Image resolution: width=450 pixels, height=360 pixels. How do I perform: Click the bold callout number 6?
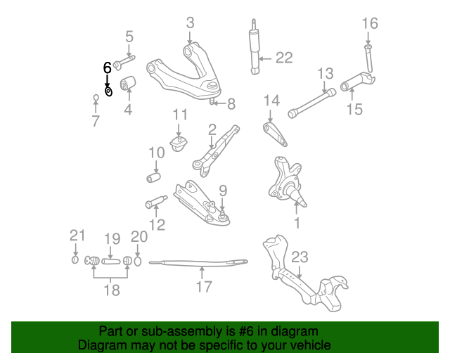click(x=107, y=67)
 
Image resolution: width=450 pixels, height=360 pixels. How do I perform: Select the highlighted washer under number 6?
click(x=108, y=91)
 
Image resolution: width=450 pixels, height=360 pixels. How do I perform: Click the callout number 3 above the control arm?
click(x=191, y=23)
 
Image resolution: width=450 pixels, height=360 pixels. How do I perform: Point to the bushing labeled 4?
click(x=128, y=83)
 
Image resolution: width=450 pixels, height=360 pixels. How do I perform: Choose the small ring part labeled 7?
click(x=96, y=98)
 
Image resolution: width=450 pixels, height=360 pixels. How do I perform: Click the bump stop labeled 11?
click(x=179, y=144)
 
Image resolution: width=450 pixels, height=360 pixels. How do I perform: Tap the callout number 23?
click(x=300, y=257)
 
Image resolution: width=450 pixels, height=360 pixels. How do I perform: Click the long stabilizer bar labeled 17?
click(x=198, y=263)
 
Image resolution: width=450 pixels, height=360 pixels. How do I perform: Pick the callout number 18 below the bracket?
click(x=111, y=290)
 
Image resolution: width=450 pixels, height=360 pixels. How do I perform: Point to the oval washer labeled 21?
click(x=75, y=259)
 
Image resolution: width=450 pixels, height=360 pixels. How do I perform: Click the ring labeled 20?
click(x=138, y=262)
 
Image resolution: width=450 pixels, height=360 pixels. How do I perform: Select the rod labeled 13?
click(x=312, y=103)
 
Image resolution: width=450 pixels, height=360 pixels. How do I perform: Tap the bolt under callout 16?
click(x=368, y=58)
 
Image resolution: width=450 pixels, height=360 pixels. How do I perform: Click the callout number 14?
click(x=271, y=101)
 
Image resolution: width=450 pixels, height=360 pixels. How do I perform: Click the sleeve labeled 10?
click(x=153, y=178)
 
